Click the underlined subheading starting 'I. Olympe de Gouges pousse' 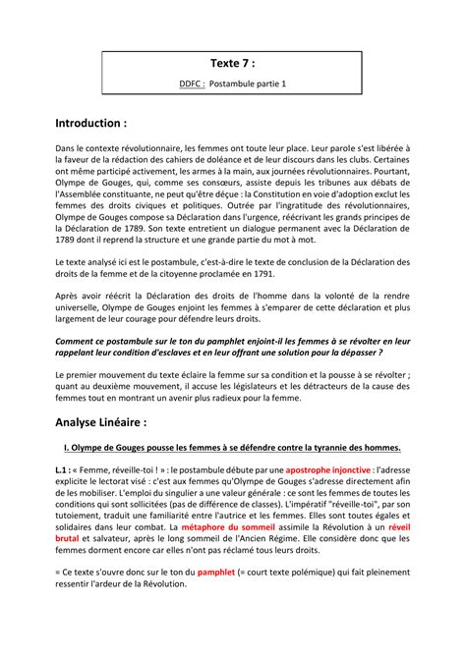pyautogui.click(x=232, y=448)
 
